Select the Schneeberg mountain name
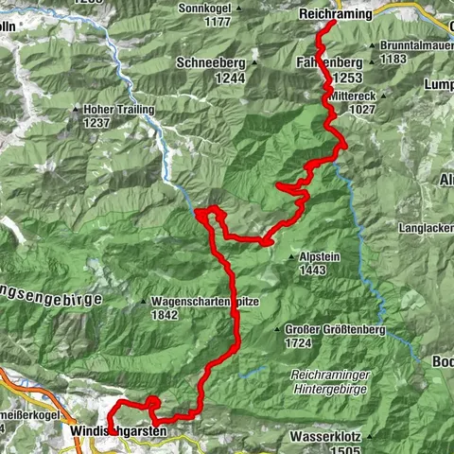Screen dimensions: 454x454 [x=210, y=62]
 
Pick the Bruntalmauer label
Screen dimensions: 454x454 [x=417, y=45]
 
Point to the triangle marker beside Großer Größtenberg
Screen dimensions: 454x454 [x=277, y=330]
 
